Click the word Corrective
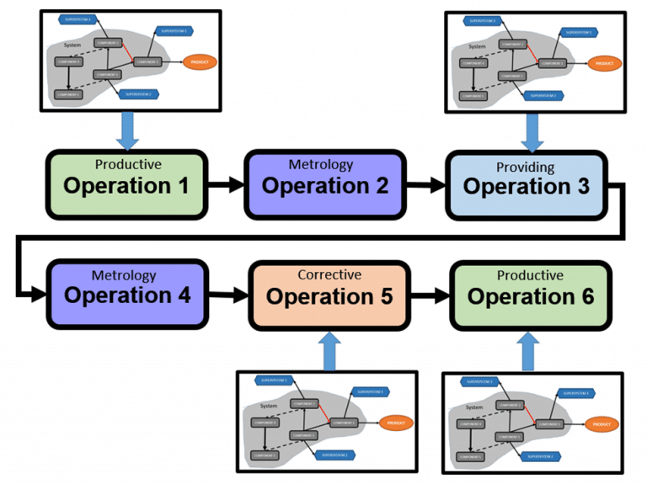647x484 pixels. pyautogui.click(x=329, y=275)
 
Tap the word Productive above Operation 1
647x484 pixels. pyautogui.click(x=128, y=164)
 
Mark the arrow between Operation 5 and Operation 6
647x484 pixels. pyautogui.click(x=430, y=295)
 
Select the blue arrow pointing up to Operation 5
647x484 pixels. pyautogui.click(x=329, y=348)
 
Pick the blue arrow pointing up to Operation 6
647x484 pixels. pyautogui.click(x=530, y=349)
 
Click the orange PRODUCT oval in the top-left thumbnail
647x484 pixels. pyautogui.click(x=200, y=61)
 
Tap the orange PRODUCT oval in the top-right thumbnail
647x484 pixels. pyautogui.click(x=604, y=61)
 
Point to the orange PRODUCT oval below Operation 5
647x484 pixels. pyautogui.click(x=396, y=422)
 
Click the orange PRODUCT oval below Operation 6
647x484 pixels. pyautogui.click(x=601, y=423)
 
